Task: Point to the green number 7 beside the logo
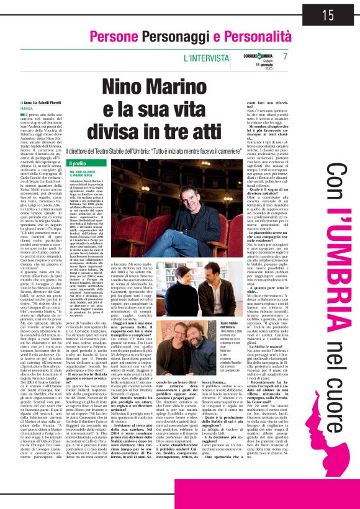pyautogui.click(x=285, y=56)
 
